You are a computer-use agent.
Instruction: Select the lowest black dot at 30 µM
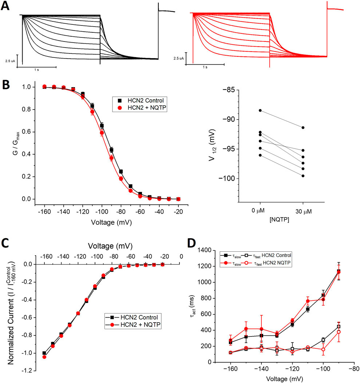pos(303,176)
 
